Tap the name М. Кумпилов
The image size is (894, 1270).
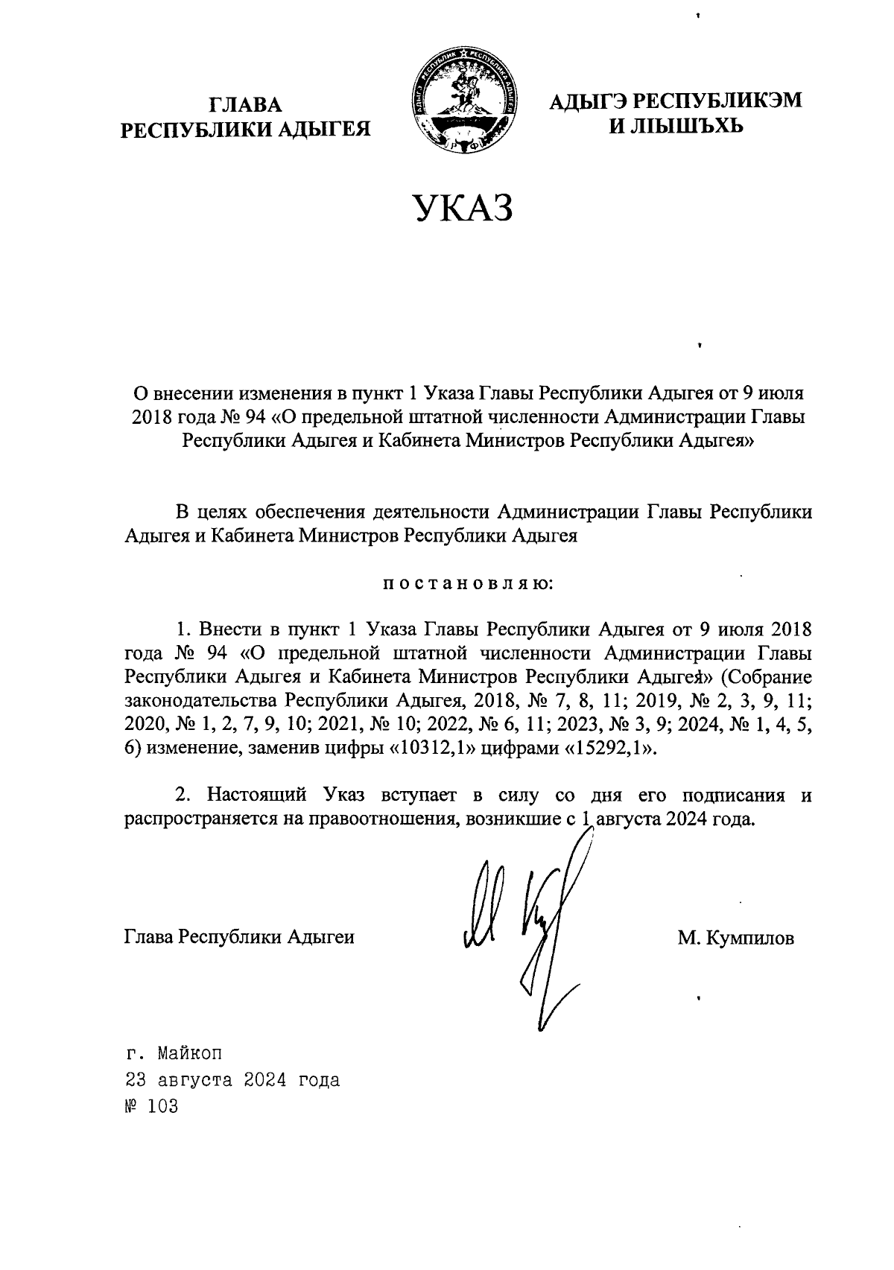pos(735,938)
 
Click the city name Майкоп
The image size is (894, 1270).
pos(189,1054)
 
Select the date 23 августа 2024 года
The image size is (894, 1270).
pos(232,1079)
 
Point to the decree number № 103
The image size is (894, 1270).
pos(153,1105)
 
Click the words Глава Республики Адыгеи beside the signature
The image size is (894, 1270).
pos(238,938)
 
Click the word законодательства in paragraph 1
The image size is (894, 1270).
pos(201,701)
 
